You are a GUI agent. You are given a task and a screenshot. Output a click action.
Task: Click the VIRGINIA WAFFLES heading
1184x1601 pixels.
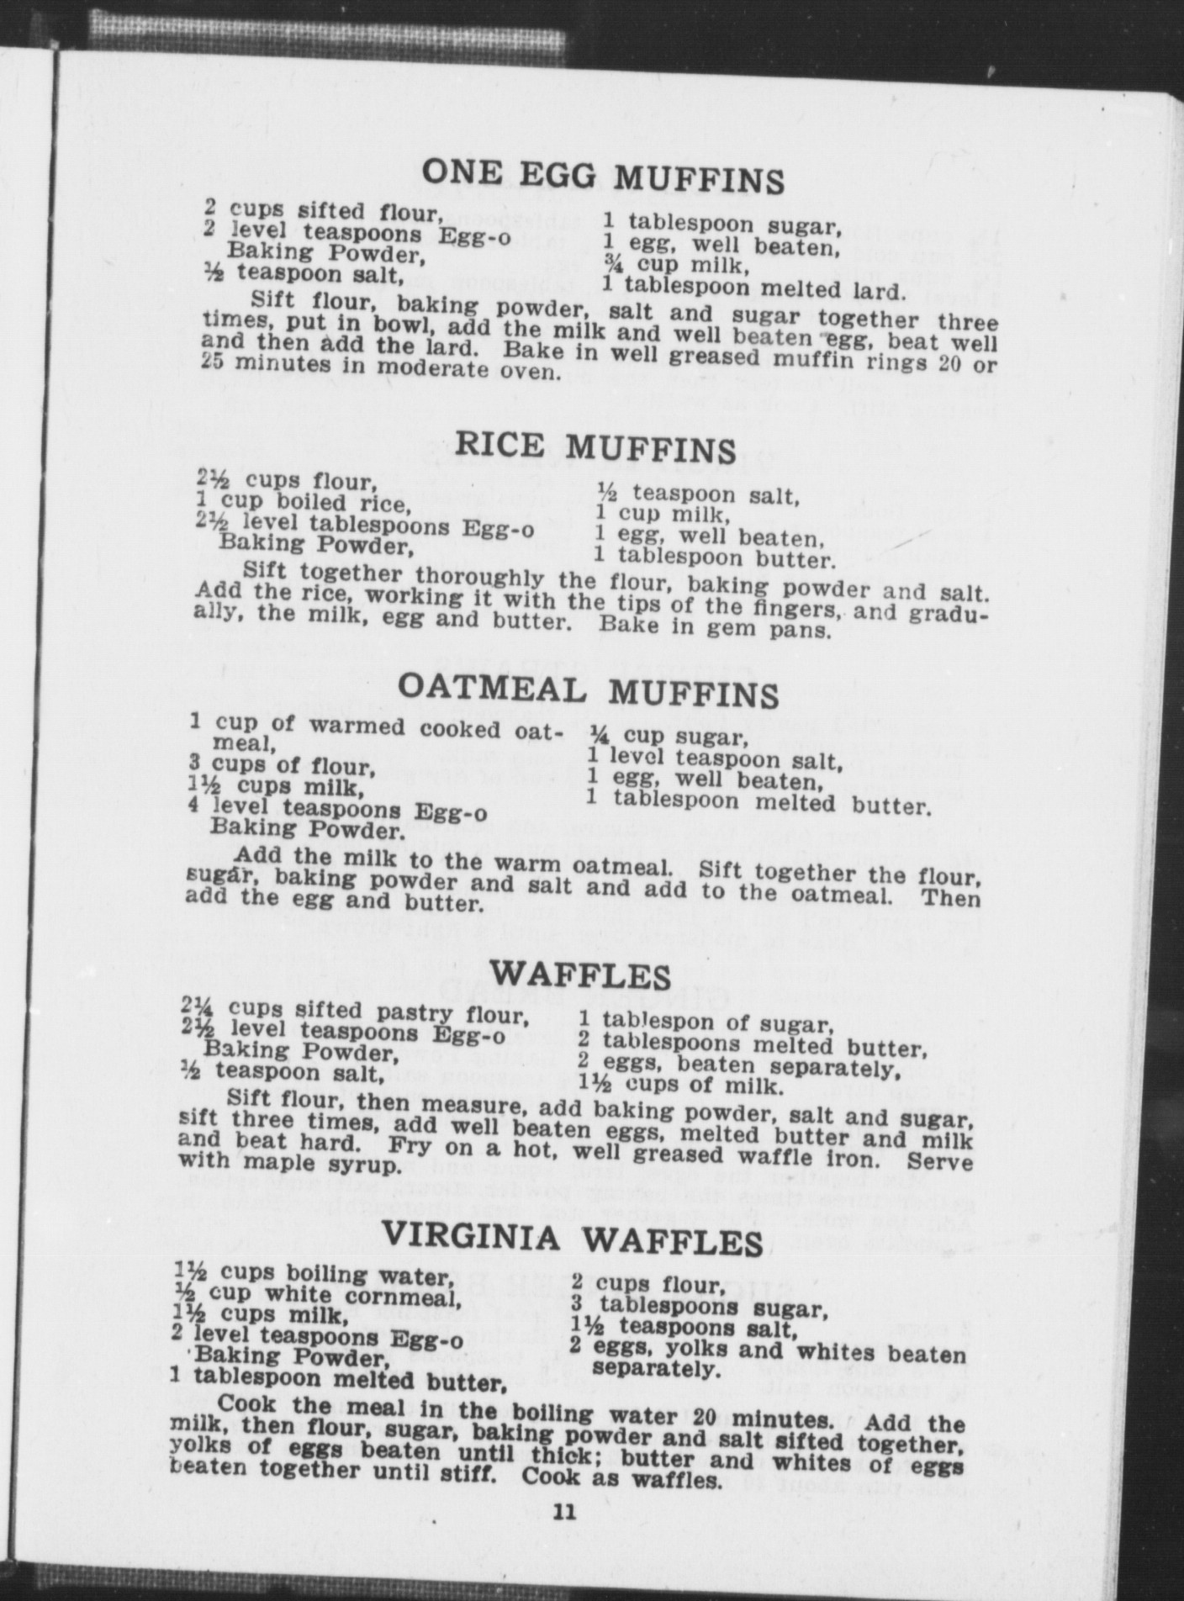[x=573, y=1239]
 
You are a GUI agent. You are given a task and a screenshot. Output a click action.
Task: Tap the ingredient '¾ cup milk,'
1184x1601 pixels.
[x=675, y=266]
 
